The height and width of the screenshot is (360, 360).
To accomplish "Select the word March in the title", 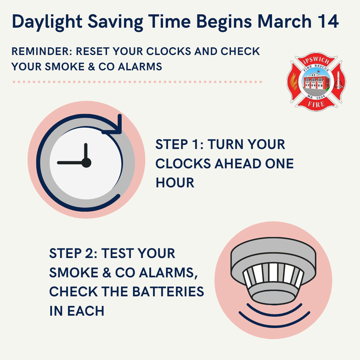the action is coord(284,21).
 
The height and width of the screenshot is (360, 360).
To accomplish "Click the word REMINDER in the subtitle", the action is coord(42,51).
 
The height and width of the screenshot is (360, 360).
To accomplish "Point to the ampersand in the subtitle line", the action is coord(91,67).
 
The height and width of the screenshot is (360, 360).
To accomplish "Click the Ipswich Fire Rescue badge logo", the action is coord(316,82).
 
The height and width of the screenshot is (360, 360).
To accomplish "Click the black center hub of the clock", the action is coord(86,163).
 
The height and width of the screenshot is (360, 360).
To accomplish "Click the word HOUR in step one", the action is coord(175,183).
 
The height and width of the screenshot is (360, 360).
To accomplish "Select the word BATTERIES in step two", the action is coord(168,292).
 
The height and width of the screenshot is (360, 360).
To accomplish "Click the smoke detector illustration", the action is coord(273,271).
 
